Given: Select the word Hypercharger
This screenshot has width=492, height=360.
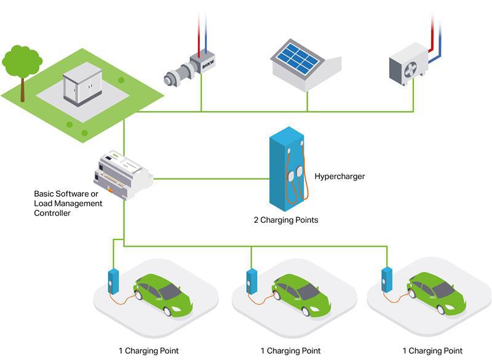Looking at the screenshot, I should [339, 177].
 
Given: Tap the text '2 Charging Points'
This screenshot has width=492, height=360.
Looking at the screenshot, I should [286, 220].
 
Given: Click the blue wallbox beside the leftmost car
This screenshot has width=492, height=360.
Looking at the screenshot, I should [113, 280].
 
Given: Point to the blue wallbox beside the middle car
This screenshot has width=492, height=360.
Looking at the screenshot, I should [251, 281].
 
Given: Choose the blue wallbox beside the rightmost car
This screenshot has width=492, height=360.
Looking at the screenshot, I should [387, 279].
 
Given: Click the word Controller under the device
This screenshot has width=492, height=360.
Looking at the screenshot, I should [52, 213].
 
